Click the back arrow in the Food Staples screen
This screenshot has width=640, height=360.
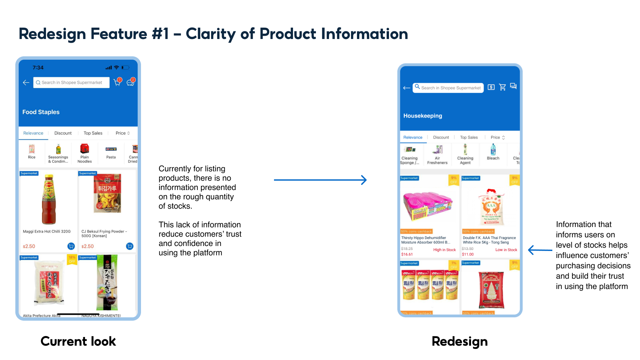[26, 83]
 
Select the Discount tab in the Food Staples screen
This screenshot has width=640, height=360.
[63, 133]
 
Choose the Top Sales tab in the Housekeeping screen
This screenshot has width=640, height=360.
[469, 137]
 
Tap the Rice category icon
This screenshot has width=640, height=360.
[32, 149]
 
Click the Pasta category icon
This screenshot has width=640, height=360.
[111, 149]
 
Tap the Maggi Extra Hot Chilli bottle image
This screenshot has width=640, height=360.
[49, 199]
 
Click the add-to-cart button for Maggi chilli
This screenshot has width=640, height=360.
[71, 246]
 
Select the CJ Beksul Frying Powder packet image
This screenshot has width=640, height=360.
[107, 194]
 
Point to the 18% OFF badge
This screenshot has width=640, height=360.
[72, 259]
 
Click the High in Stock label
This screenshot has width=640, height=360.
[444, 250]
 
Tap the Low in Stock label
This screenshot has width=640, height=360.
[506, 250]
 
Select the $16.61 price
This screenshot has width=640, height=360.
[407, 254]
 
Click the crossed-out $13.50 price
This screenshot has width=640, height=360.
[467, 249]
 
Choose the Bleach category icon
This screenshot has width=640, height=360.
[493, 150]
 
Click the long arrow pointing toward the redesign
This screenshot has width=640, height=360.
[320, 180]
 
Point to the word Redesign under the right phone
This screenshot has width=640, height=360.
[459, 341]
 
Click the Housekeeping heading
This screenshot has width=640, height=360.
[423, 116]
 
